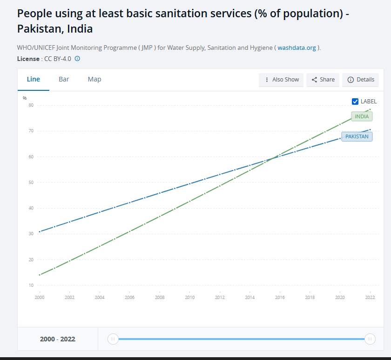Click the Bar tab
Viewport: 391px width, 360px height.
coord(64,79)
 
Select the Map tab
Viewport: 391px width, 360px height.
coord(94,79)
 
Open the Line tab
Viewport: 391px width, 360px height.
coord(34,79)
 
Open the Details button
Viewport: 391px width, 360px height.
coord(361,80)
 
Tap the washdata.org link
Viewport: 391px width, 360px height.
coord(297,48)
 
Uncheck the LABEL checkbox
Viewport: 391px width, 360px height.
coord(355,102)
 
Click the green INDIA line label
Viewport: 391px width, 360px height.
coord(362,116)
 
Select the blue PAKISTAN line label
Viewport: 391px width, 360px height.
coord(357,136)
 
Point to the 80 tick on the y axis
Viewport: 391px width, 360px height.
coord(31,105)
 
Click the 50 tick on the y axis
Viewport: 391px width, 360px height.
coord(31,183)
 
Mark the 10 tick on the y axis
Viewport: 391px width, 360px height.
coord(31,285)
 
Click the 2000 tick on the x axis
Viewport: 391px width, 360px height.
coord(40,297)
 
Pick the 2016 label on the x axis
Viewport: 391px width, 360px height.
coord(280,297)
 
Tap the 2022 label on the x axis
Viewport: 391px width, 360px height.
coord(370,297)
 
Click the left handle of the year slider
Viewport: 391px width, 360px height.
coord(113,339)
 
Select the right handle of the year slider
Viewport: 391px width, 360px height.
coord(370,339)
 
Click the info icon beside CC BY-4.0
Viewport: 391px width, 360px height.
coord(77,59)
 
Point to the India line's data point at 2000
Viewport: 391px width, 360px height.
coord(40,275)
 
